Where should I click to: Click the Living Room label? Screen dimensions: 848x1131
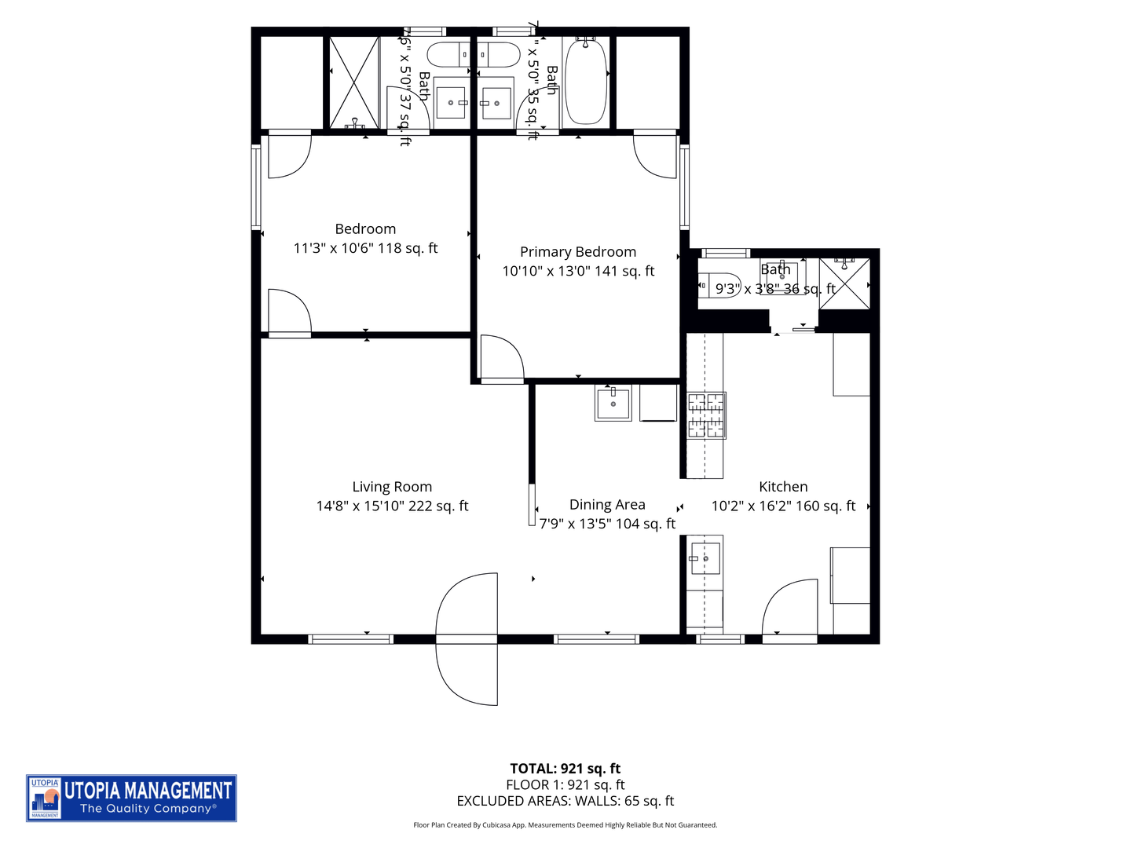tap(392, 487)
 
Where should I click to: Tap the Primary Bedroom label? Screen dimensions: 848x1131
tap(578, 252)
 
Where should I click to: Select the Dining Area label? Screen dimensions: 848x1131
tap(607, 505)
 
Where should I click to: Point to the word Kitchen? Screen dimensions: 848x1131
tap(783, 487)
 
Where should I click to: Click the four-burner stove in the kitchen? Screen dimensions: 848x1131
tap(706, 415)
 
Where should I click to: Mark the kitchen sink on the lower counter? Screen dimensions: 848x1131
tap(705, 558)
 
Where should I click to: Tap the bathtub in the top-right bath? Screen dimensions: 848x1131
tap(586, 81)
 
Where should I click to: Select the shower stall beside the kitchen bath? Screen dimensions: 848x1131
tap(844, 283)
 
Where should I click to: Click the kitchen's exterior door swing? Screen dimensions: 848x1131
tap(790, 609)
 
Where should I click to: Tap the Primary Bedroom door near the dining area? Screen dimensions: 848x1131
tap(501, 360)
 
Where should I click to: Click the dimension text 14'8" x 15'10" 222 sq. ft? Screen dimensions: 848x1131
tap(392, 506)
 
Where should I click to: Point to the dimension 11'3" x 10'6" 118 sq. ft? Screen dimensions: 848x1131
tap(365, 248)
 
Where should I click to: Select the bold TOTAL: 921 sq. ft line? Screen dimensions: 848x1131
tap(565, 769)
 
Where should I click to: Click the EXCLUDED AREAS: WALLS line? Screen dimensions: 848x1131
tap(565, 801)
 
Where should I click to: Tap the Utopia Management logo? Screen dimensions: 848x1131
tap(131, 798)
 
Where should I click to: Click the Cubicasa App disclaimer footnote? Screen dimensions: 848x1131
tap(565, 825)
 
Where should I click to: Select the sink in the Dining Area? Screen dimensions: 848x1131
tap(613, 403)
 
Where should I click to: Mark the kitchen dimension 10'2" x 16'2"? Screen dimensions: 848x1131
tap(783, 506)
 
